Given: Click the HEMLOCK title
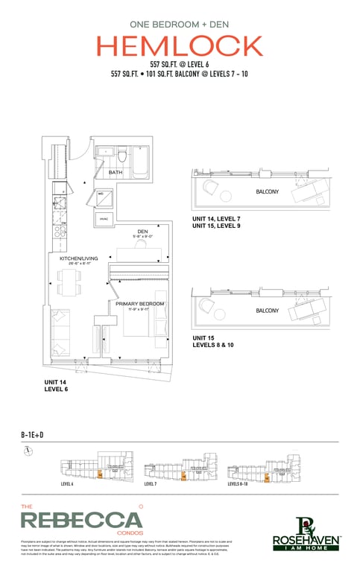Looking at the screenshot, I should pos(180,47).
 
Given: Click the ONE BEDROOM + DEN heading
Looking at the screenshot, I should pos(180,23).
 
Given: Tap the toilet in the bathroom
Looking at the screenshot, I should pos(120,156).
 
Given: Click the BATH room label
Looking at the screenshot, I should pos(115,173).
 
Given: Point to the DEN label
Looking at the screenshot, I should pos(142,232).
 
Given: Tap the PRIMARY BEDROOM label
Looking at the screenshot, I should pos(139,304).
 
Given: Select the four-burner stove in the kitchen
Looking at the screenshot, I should pos(57,232).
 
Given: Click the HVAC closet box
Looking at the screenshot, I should pos(102,219).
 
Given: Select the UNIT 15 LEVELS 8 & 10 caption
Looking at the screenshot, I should pos(215,341).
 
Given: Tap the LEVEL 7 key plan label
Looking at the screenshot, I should pos(151,484).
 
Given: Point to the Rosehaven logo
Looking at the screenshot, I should pos(306,532).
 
